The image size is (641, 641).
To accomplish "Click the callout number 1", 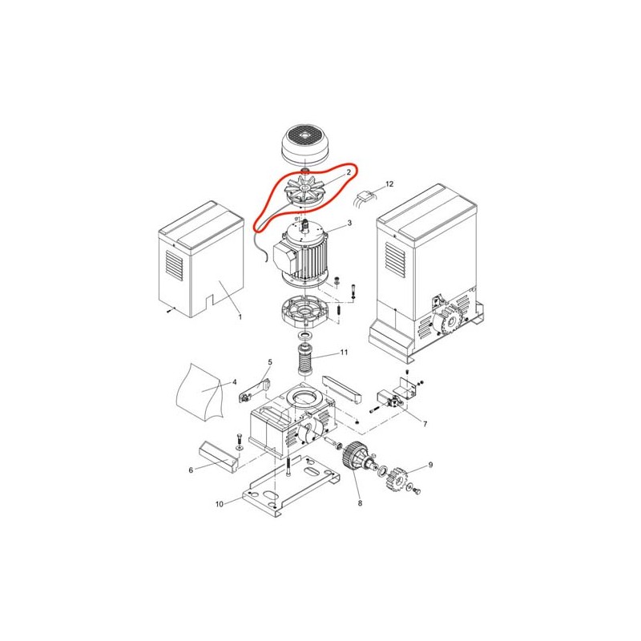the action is coord(240,316).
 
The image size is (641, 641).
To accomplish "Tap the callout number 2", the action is coord(349,172).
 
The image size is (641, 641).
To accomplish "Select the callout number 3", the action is coord(349,223).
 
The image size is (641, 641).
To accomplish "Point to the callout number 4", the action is coord(234,382).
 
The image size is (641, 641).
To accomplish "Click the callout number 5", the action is coord(270,362).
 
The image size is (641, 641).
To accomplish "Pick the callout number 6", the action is coord(191,470).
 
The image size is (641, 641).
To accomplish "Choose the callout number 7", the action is coord(425,424).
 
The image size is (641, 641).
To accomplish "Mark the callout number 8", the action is coord(360,503).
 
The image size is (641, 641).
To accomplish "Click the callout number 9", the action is coord(430,465).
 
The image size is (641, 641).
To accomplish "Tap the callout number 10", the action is coord(220,504).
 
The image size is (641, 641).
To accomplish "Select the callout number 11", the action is coord(344,352).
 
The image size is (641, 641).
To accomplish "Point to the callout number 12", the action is coord(389,184).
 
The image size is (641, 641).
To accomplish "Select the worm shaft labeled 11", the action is coord(304,359).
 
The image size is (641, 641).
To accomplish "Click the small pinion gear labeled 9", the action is coord(397,479).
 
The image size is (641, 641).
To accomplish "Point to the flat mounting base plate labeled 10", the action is coord(291,486).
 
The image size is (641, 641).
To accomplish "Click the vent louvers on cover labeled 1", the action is coord(174,265).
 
